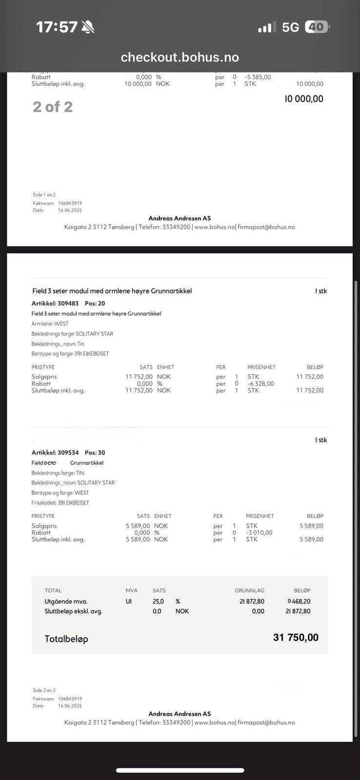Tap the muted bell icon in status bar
click(x=88, y=27)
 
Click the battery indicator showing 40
click(x=317, y=27)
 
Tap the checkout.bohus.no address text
click(x=180, y=58)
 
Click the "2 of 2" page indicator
click(x=53, y=107)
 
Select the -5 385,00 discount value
click(x=258, y=77)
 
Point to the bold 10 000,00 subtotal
click(x=304, y=98)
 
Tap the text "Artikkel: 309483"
click(x=55, y=303)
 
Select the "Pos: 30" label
click(x=95, y=452)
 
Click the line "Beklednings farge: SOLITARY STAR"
click(x=72, y=334)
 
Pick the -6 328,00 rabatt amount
click(x=260, y=384)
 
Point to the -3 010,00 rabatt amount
click(x=259, y=532)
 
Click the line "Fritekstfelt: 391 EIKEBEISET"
click(x=60, y=503)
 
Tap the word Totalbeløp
click(x=66, y=639)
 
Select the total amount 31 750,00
click(x=296, y=638)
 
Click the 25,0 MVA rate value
click(x=158, y=602)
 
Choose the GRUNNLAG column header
click(x=249, y=590)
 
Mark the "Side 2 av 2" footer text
click(x=44, y=690)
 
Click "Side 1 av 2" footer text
click(x=44, y=195)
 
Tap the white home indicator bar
click(x=180, y=770)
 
